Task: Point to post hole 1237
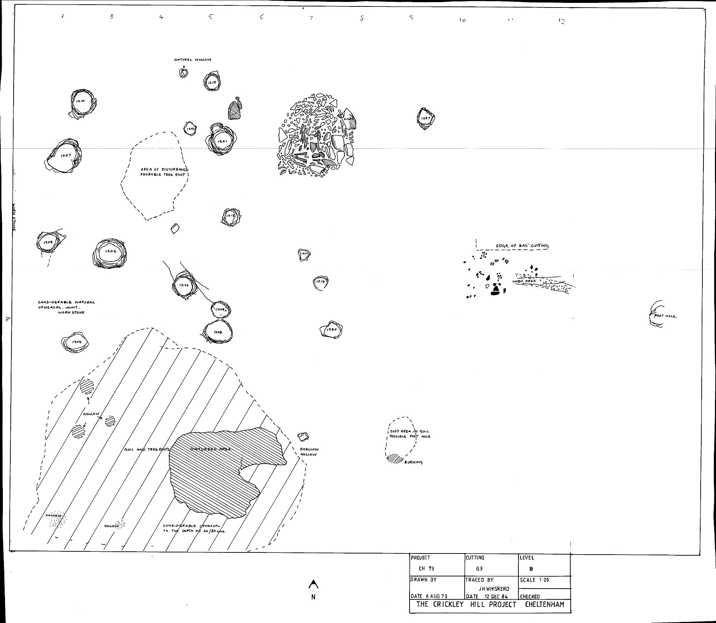coord(426,119)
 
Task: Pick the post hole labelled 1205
coord(76,342)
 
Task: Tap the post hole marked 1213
coord(231,216)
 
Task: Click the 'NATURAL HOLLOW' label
coord(193,60)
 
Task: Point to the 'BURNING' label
coord(413,462)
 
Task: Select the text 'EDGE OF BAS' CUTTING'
coord(522,246)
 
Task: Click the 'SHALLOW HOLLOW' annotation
coord(309,452)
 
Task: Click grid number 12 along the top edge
coord(561,21)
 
